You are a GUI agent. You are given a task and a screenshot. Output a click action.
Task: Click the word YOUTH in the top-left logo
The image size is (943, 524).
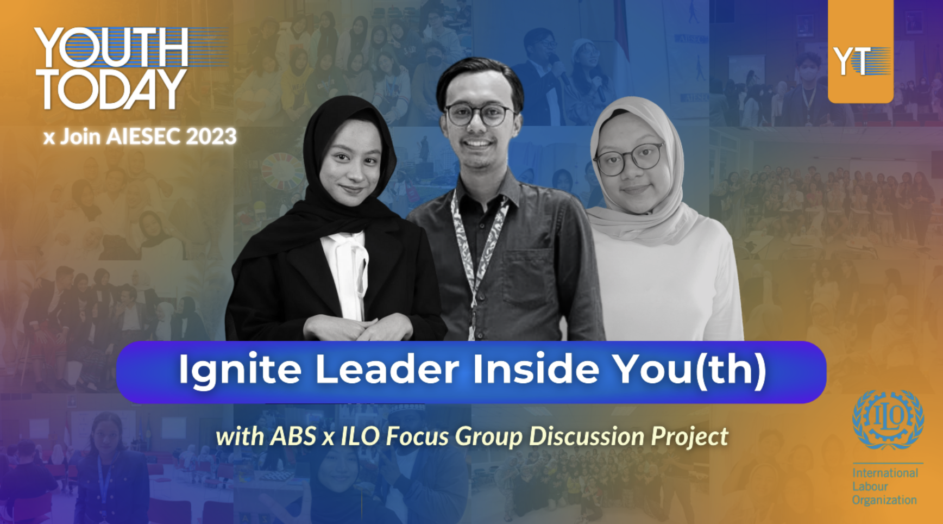(x=111, y=48)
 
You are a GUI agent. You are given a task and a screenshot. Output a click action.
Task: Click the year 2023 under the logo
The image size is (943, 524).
(x=211, y=136)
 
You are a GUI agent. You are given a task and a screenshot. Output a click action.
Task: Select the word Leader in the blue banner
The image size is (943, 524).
(x=387, y=370)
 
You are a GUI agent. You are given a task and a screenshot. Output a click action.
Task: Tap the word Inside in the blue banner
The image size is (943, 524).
(x=536, y=370)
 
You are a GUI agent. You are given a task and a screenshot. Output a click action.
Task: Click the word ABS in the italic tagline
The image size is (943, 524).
(x=293, y=436)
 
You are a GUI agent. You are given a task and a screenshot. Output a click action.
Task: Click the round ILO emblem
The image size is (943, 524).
(x=888, y=419)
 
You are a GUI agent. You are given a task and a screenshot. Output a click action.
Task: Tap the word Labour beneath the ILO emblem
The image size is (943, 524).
(x=870, y=486)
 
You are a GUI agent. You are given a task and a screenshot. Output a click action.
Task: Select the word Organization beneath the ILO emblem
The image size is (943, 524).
(x=884, y=500)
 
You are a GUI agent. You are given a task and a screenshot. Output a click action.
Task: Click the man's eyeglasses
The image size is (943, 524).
(x=479, y=114)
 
